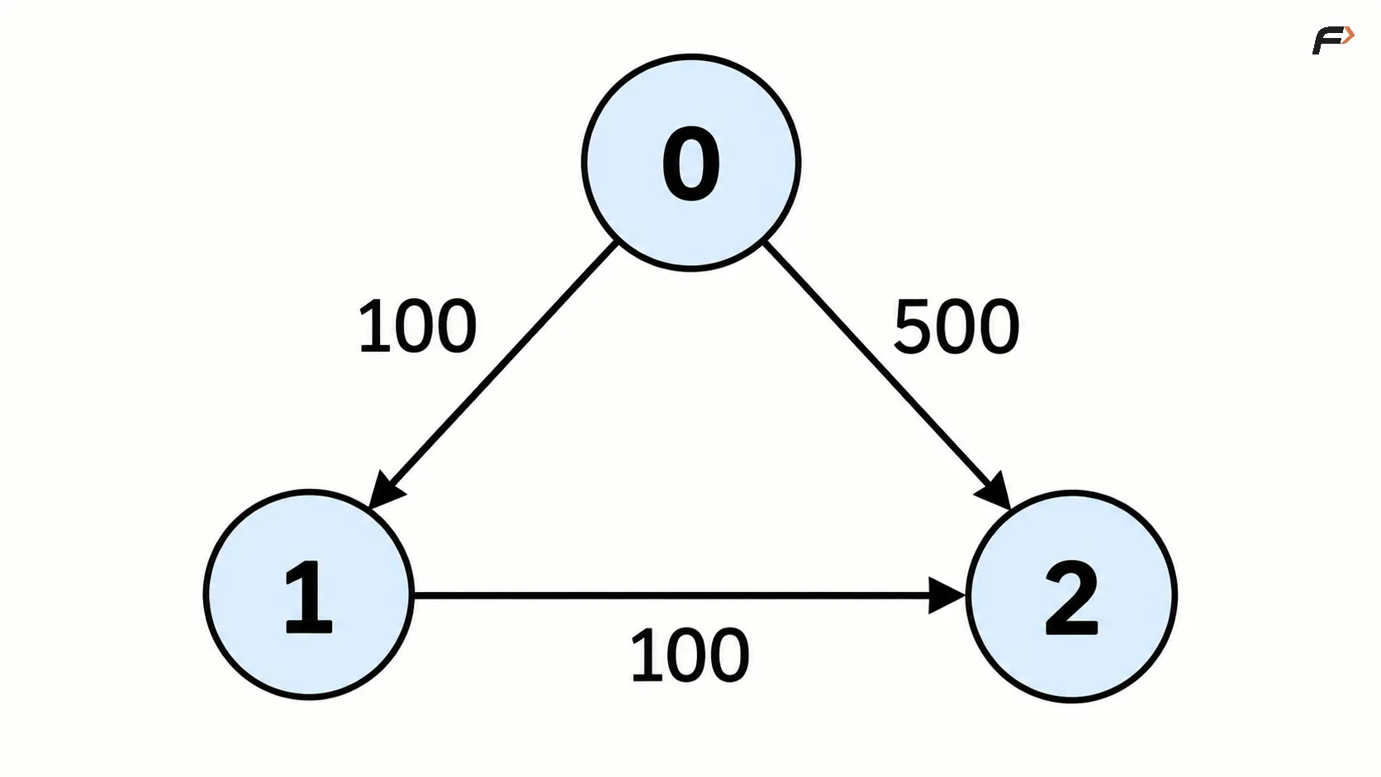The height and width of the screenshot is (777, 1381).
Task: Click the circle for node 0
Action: (x=691, y=163)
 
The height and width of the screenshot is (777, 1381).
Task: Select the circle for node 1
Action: (x=309, y=595)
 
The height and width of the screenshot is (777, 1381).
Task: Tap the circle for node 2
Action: (x=1072, y=596)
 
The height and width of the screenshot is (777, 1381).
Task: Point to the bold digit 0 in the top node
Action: (x=691, y=163)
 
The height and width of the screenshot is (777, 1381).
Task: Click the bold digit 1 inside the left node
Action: (x=308, y=597)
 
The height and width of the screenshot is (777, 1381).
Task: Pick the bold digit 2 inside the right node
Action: (x=1072, y=598)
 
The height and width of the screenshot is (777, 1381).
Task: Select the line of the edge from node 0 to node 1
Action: (x=492, y=375)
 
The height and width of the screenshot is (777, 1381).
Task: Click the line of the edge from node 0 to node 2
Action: (x=888, y=376)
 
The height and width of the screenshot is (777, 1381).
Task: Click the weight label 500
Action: (x=956, y=326)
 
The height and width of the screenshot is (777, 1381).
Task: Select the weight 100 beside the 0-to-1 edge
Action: (x=417, y=326)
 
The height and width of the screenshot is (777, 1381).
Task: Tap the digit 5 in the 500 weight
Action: (x=913, y=326)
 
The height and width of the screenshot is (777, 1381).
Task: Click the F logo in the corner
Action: (x=1332, y=40)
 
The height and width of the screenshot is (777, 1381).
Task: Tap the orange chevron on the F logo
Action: (x=1348, y=36)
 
